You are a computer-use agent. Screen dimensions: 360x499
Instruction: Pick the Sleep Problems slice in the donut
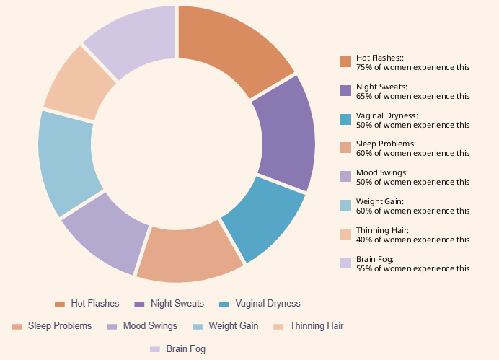pyautogui.click(x=189, y=253)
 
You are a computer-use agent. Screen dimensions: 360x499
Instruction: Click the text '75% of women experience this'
pyautogui.click(x=412, y=67)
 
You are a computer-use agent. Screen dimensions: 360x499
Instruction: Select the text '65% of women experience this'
pyautogui.click(x=412, y=96)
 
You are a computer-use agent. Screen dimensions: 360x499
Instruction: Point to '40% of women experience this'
pyautogui.click(x=412, y=240)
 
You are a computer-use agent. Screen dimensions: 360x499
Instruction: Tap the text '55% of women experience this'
pyautogui.click(x=412, y=268)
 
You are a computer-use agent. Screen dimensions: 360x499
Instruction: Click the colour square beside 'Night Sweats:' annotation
pyautogui.click(x=345, y=90)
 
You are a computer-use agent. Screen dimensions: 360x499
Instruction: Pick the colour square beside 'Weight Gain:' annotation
pyautogui.click(x=345, y=206)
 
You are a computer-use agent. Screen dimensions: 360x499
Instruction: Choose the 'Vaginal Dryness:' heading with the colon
pyautogui.click(x=387, y=115)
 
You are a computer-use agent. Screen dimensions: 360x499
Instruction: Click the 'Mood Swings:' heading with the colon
pyautogui.click(x=381, y=173)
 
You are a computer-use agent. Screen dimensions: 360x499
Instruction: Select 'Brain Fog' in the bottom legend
pyautogui.click(x=185, y=349)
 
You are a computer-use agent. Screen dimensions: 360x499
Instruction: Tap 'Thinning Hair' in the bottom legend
pyautogui.click(x=316, y=326)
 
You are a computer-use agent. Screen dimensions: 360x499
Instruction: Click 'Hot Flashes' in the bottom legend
pyautogui.click(x=94, y=304)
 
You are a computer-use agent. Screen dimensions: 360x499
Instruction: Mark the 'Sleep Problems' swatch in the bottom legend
pyautogui.click(x=17, y=327)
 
